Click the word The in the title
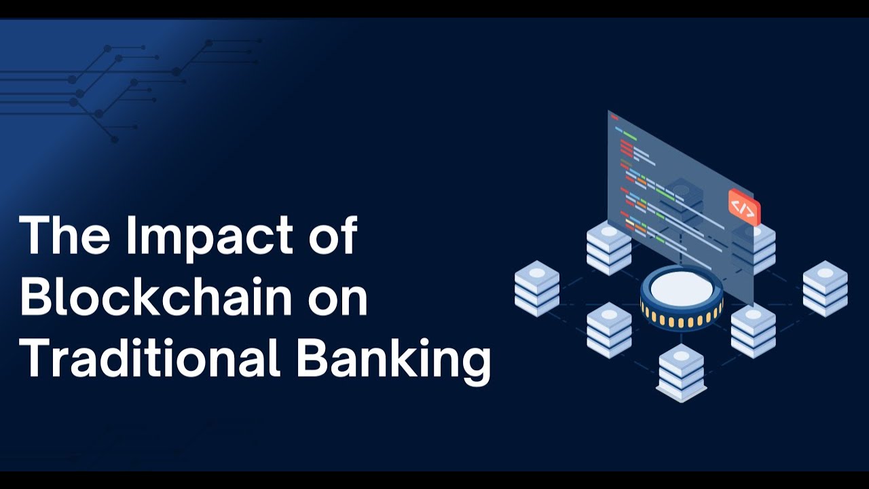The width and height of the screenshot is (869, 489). coord(64,235)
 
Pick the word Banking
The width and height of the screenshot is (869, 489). coord(393,360)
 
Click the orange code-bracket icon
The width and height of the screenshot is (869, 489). coord(743,208)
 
